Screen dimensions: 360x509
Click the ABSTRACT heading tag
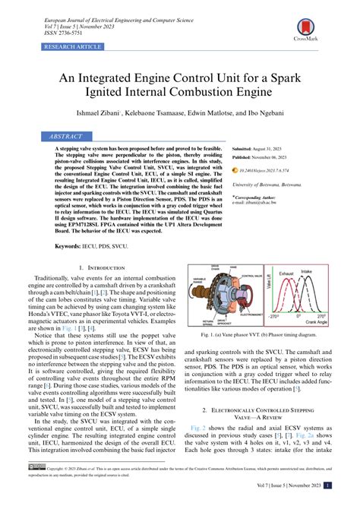[68, 136]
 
